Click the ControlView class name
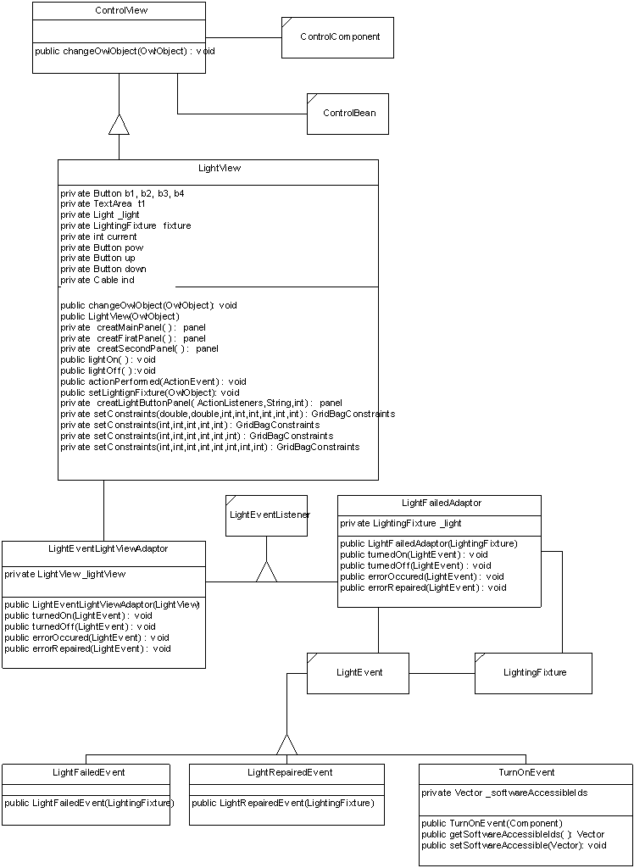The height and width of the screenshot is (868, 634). [x=119, y=11]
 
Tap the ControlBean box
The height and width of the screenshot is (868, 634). [x=348, y=114]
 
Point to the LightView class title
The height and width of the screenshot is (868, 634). [x=219, y=169]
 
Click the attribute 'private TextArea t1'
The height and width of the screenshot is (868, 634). [x=103, y=204]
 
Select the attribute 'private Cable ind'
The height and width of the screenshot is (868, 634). [x=97, y=280]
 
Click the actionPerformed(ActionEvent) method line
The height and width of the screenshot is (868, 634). [x=153, y=381]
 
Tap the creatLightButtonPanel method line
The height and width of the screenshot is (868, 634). [x=201, y=403]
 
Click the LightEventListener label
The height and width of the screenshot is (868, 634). [x=270, y=515]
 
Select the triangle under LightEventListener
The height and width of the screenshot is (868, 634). [x=267, y=571]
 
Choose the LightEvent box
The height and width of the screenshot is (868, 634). [x=359, y=673]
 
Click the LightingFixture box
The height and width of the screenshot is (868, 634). [x=533, y=673]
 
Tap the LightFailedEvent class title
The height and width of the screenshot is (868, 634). [x=88, y=772]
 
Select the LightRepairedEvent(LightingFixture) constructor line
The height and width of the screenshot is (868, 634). [x=282, y=803]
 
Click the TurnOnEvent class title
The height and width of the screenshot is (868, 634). [x=526, y=773]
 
